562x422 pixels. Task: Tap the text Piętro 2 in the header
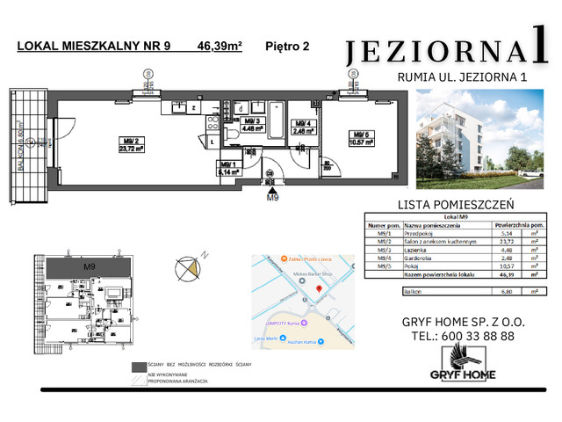point(288,48)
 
